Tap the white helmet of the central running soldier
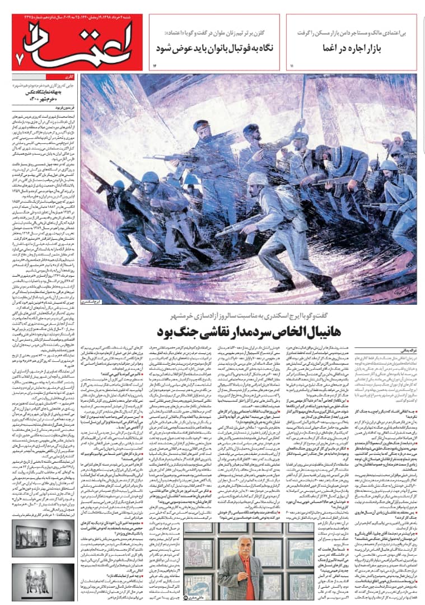click(257, 178)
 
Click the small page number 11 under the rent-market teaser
click(292, 67)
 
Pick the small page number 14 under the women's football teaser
click(155, 67)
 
